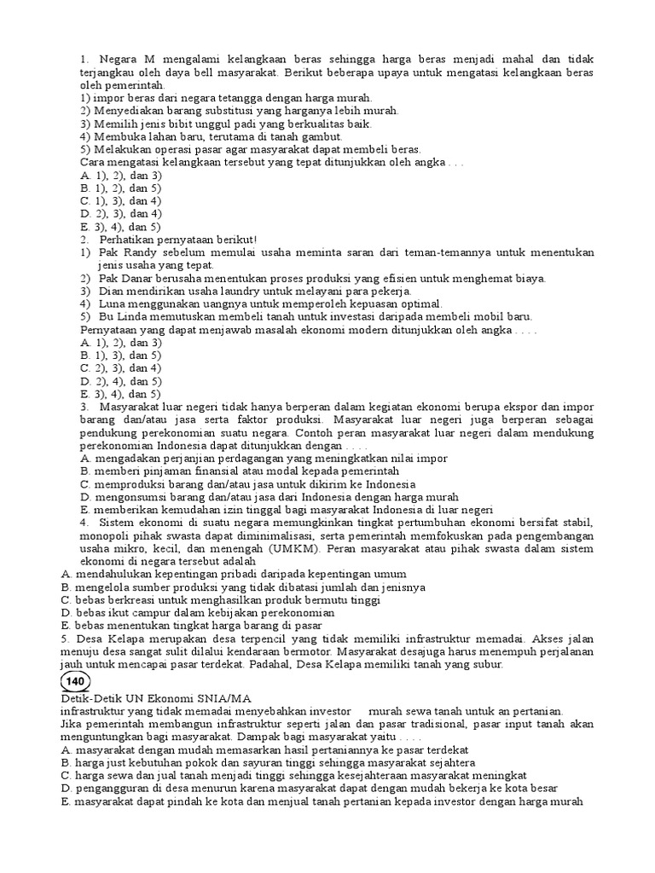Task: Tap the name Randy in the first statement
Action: pyautogui.click(x=136, y=253)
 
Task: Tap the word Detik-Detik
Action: pyautogui.click(x=90, y=697)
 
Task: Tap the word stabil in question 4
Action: pyautogui.click(x=575, y=523)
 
